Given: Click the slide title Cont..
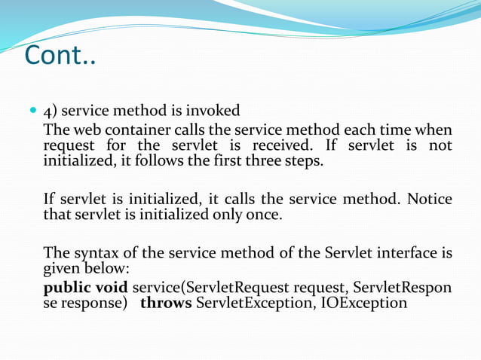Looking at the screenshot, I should tap(60, 54).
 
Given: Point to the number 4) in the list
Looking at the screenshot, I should tap(51, 111).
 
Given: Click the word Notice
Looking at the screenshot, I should tap(430, 199).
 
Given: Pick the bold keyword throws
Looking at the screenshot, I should tap(165, 304).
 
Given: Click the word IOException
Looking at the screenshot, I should tap(366, 304).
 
